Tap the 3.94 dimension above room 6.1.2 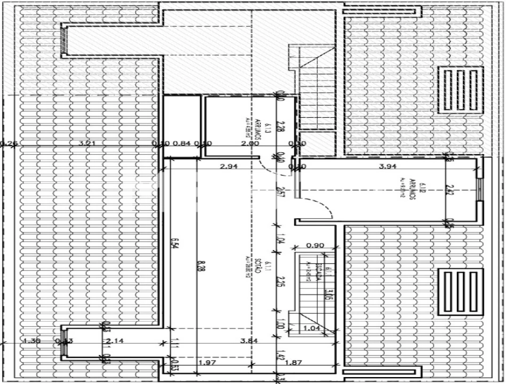[388, 166]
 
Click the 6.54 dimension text [174, 243]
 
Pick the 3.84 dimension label [249, 341]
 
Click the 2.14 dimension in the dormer [115, 341]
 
